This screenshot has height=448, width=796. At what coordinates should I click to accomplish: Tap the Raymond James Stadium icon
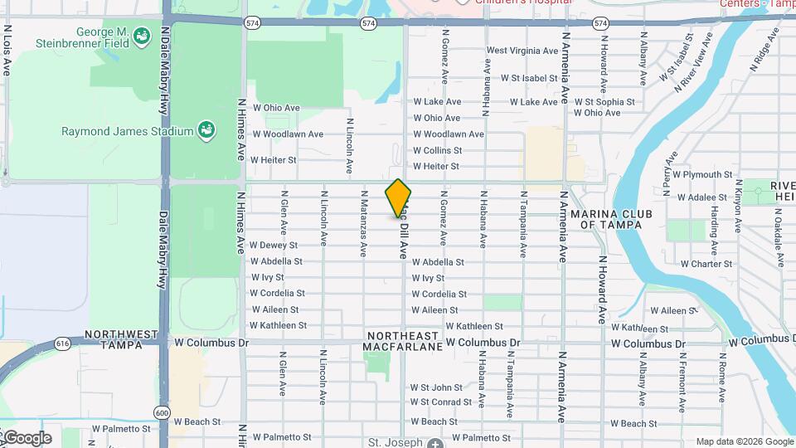[205, 130]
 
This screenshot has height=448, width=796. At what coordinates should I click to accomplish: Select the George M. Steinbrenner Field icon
[143, 36]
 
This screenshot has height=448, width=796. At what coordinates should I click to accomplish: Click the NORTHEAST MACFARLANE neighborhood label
[402, 341]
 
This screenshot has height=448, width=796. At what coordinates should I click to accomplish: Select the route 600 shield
[162, 412]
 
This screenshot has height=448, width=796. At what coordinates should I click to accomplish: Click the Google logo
[27, 438]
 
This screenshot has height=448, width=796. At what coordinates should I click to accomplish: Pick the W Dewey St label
[274, 246]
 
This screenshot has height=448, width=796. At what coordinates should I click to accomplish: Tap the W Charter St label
[706, 265]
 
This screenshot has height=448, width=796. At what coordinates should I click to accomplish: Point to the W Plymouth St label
[703, 175]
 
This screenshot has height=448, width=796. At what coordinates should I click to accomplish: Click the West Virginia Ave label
[522, 51]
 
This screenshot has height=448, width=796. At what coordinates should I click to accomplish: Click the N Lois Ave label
[7, 50]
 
